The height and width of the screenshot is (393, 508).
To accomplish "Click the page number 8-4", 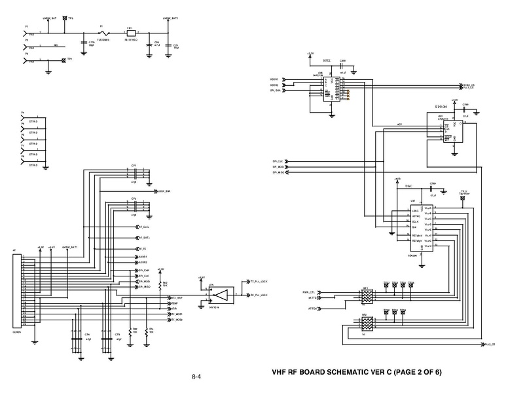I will point(196,377).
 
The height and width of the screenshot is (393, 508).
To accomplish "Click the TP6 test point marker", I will point(65,18).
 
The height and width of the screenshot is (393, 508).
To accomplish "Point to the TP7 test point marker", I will point(63,60).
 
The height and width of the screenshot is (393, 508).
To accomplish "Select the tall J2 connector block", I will point(17,292).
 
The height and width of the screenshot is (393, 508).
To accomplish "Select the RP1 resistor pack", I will point(366,297).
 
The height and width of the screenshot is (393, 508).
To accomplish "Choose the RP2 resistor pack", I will point(366,324).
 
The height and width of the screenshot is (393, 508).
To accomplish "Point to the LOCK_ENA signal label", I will point(164,191).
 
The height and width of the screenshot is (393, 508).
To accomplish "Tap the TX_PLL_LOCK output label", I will point(260,280).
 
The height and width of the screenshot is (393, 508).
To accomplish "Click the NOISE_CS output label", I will point(469,84).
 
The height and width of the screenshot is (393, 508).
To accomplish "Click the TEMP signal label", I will point(175,304).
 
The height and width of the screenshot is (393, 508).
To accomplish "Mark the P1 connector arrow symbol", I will point(26,32).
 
